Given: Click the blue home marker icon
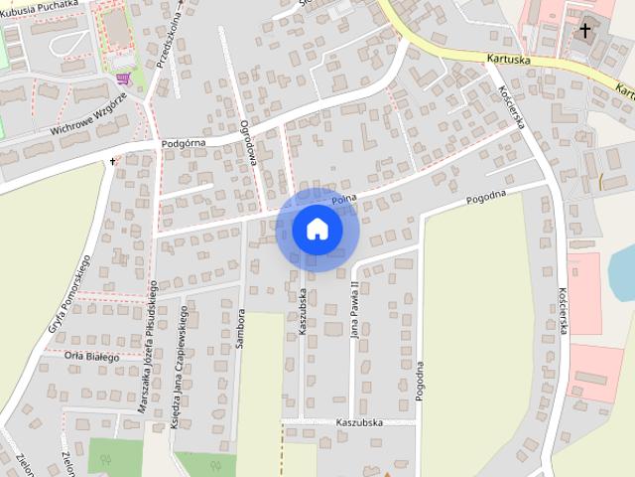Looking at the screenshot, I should click(317, 229).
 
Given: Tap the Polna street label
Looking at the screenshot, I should click(343, 201).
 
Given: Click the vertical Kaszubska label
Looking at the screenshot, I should click(304, 311).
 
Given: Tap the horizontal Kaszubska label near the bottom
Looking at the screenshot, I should click(359, 422).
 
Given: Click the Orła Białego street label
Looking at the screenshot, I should click(91, 357).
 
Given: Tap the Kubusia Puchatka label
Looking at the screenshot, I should click(43, 7).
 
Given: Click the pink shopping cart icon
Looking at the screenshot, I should click(122, 78).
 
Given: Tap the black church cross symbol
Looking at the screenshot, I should click(585, 30).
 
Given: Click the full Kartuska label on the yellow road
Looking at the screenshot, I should click(510, 60).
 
